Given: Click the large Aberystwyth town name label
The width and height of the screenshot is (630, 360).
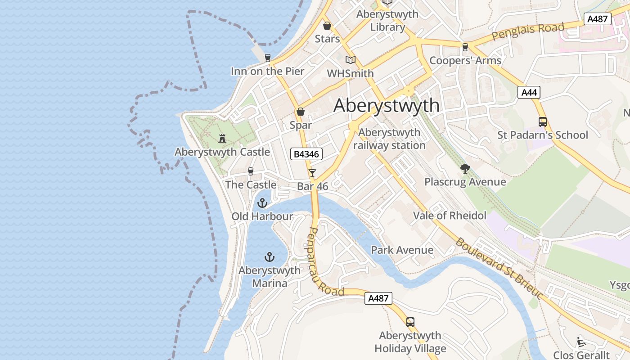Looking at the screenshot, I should (x=387, y=105).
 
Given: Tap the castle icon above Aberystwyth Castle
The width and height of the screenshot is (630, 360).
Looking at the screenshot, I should (x=222, y=139).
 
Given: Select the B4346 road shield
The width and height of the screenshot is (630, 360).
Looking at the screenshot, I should (x=306, y=154).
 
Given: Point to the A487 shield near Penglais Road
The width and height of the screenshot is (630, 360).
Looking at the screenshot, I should (x=597, y=19).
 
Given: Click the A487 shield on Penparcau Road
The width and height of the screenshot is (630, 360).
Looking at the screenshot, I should (x=378, y=298).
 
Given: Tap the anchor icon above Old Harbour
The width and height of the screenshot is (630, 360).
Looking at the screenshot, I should (x=262, y=203).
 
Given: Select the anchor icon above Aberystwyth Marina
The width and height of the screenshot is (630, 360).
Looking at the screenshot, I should (x=269, y=257).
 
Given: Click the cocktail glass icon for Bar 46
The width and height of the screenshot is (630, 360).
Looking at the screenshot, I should (x=312, y=173).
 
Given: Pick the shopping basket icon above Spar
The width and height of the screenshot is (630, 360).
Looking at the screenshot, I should (x=301, y=112).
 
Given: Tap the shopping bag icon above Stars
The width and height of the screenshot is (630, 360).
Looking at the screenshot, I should (x=327, y=26).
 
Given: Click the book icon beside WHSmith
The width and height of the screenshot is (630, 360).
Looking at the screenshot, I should (x=350, y=60).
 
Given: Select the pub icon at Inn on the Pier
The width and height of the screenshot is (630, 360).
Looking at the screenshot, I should (x=268, y=58).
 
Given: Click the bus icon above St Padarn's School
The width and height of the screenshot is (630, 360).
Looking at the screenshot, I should (x=542, y=121).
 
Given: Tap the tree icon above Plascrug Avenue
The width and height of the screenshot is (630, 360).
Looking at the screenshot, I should (x=465, y=169).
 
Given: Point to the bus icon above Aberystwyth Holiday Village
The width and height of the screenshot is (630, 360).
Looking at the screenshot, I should (x=410, y=322).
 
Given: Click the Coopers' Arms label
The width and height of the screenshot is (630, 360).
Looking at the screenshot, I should (x=465, y=61).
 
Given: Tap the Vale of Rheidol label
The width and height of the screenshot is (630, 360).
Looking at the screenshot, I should (x=450, y=216).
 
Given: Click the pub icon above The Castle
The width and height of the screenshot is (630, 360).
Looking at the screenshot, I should (x=251, y=171).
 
